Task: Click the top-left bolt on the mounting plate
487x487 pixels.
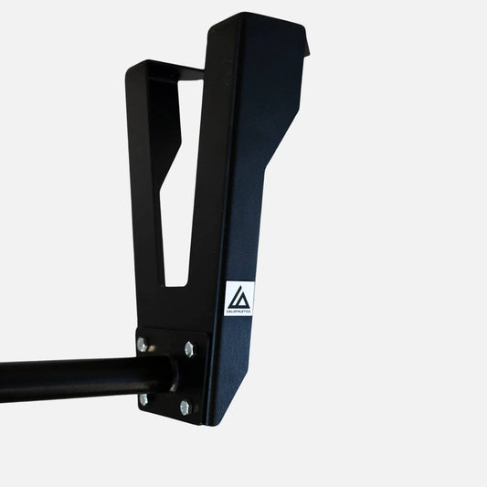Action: [143, 344]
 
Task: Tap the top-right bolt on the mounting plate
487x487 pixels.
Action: [189, 348]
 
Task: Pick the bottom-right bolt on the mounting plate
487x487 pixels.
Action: [185, 407]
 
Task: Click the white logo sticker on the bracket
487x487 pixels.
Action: [239, 299]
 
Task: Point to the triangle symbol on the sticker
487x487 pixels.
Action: [239, 295]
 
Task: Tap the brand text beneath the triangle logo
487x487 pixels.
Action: [239, 312]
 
